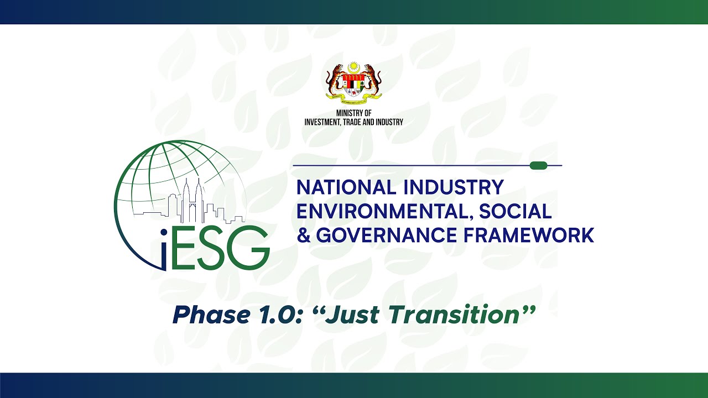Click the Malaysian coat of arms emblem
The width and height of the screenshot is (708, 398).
click(x=353, y=83)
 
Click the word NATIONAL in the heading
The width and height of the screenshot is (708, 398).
click(x=346, y=187)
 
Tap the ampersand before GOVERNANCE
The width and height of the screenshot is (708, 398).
click(x=304, y=235)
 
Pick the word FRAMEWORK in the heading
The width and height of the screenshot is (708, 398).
click(x=529, y=235)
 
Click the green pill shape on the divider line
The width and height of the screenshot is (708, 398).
click(x=538, y=165)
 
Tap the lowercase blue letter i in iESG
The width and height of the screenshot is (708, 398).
click(x=164, y=252)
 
